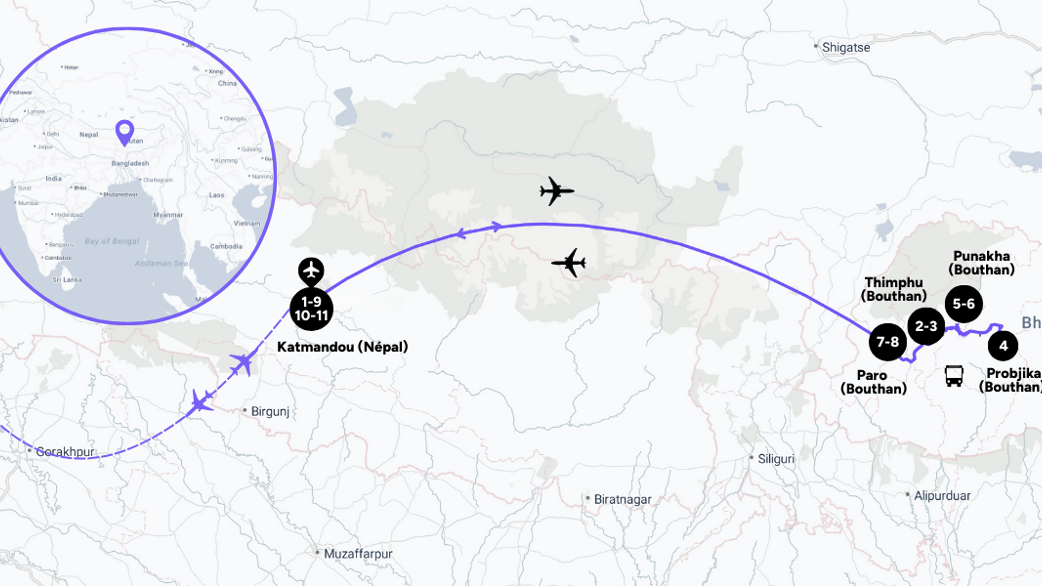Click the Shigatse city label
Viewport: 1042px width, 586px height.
pyautogui.click(x=846, y=47)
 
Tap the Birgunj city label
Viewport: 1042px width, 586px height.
pyautogui.click(x=269, y=412)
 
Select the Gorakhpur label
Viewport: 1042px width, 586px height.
pyautogui.click(x=65, y=452)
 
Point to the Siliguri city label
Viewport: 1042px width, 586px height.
pyautogui.click(x=776, y=459)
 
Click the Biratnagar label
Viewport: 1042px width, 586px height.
pyautogui.click(x=622, y=500)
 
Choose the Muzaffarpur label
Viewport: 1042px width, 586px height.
pyautogui.click(x=357, y=554)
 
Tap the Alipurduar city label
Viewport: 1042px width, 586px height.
pyautogui.click(x=942, y=496)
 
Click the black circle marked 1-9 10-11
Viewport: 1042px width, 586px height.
pyautogui.click(x=312, y=309)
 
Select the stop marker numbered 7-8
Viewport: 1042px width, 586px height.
pyautogui.click(x=888, y=342)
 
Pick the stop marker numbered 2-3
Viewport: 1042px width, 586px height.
pyautogui.click(x=926, y=326)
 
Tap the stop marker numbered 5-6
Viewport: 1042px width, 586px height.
pyautogui.click(x=964, y=304)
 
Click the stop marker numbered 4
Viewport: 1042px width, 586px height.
pyautogui.click(x=1003, y=345)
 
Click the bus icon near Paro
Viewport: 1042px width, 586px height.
pyautogui.click(x=954, y=376)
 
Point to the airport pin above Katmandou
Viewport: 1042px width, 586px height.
pyautogui.click(x=311, y=270)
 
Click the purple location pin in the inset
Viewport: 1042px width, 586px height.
pyautogui.click(x=125, y=131)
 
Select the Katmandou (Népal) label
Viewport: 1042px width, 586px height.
pyautogui.click(x=342, y=347)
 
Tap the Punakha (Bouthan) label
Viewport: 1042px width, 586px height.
pyautogui.click(x=982, y=263)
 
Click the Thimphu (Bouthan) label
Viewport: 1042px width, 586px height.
pyautogui.click(x=894, y=289)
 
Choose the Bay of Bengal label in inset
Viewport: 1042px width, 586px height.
pyautogui.click(x=112, y=241)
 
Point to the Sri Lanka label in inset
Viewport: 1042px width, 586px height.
pyautogui.click(x=67, y=280)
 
